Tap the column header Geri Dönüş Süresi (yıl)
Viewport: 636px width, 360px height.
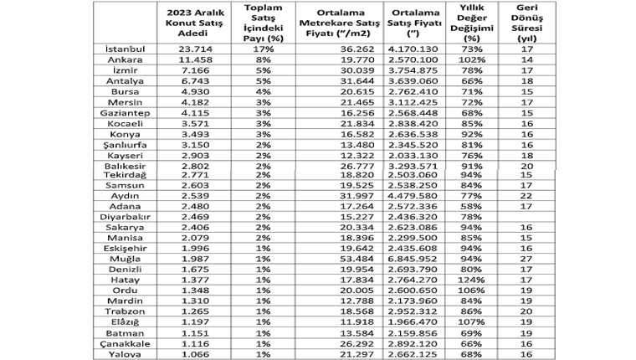click(527, 24)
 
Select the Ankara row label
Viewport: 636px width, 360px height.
click(124, 61)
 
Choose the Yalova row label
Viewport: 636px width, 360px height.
click(125, 356)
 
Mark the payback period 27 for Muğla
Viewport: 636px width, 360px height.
click(527, 260)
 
